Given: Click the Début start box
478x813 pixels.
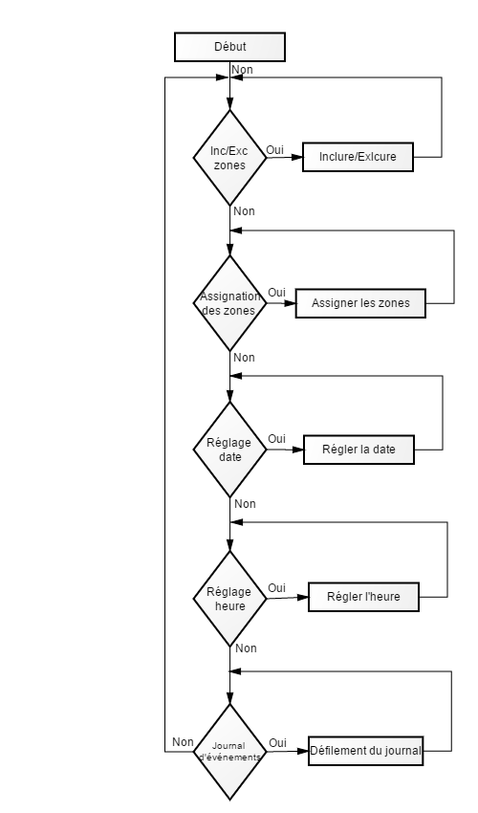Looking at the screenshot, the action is (x=229, y=47).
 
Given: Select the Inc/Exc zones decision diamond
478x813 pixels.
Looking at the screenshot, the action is (x=229, y=158).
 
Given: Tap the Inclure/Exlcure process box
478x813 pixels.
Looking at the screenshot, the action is (x=358, y=157).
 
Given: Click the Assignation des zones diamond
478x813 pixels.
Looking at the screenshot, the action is (x=229, y=303).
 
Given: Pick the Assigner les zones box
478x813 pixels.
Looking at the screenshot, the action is (x=360, y=303).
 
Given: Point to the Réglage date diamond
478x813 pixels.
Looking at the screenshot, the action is (x=229, y=450).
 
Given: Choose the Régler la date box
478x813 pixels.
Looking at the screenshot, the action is (x=358, y=450).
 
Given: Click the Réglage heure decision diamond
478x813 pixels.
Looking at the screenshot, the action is (x=229, y=599).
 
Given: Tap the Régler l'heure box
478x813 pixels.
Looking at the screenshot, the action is (x=363, y=597).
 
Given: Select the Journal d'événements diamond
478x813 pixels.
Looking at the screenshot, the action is (x=229, y=753).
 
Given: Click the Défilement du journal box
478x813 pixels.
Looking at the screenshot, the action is (x=366, y=751).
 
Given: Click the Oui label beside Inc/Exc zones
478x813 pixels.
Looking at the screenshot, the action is (x=275, y=150).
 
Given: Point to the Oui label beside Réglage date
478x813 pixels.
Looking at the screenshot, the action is (x=277, y=439).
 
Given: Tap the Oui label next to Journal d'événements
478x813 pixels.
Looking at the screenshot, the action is (x=277, y=743).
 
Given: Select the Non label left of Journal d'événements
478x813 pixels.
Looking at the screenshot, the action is (x=183, y=742).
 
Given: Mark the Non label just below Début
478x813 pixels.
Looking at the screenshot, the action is (x=242, y=70).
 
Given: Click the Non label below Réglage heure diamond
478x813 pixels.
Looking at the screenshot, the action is (x=246, y=648).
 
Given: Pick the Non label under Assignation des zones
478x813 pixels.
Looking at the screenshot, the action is (x=244, y=358).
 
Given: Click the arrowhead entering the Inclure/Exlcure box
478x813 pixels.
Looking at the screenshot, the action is (x=297, y=157).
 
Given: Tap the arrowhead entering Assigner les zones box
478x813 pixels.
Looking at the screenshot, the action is (x=291, y=303).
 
